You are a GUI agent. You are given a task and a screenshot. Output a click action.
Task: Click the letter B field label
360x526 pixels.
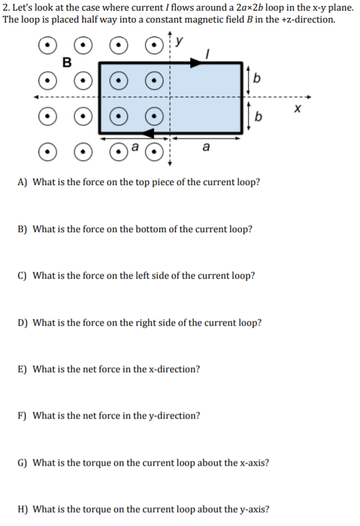pos(66,63)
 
